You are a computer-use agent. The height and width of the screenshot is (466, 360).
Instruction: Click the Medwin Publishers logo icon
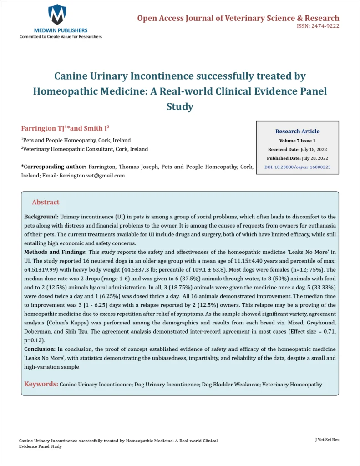57,14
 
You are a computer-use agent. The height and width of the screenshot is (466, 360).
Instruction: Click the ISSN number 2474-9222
324,26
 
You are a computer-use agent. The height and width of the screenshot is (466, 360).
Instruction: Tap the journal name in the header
238,18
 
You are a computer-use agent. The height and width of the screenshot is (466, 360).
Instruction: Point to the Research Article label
297,131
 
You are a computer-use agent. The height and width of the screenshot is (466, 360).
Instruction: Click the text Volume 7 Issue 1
297,141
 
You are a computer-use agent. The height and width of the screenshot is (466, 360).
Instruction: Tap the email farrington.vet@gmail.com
92,175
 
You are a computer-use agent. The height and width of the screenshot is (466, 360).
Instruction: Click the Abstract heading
46,202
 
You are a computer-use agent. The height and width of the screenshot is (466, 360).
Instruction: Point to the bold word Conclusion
40,349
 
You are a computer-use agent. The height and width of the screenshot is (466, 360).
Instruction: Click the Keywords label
41,384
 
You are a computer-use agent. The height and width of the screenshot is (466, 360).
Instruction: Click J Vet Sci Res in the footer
327,440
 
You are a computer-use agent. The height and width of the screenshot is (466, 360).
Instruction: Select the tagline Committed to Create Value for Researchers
61,36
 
